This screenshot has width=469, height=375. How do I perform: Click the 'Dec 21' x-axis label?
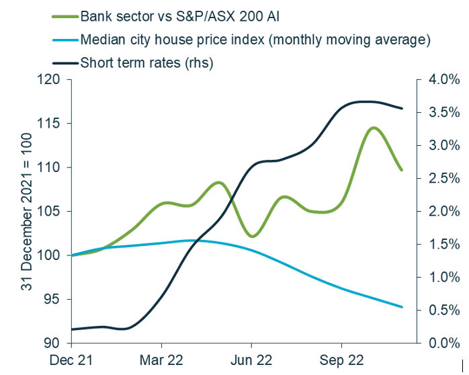[71, 360]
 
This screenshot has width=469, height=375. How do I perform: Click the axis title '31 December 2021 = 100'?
[27, 212]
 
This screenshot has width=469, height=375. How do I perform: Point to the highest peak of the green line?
[373, 127]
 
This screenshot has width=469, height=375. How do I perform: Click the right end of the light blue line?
[402, 307]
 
